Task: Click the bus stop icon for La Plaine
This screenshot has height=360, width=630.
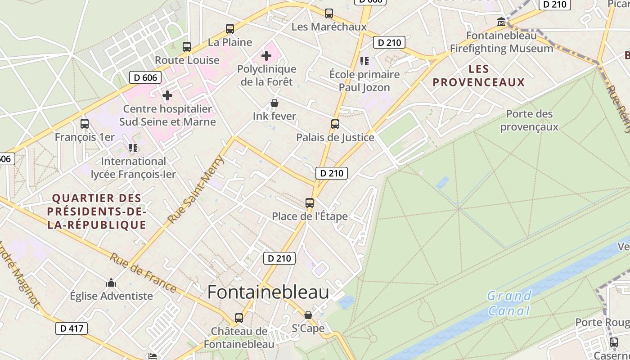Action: pos(230,29)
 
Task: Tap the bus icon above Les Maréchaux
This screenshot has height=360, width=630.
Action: pos(329,13)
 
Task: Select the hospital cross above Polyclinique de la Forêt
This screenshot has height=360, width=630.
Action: pos(266,56)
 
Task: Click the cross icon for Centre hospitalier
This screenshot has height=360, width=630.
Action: pos(167,95)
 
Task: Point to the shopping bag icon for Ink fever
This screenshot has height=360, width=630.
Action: pos(274,103)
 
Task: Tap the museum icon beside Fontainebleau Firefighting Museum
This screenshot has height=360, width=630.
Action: pos(501,22)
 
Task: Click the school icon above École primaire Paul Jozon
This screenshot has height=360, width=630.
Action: pos(364,61)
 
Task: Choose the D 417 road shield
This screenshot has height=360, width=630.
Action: pos(72,328)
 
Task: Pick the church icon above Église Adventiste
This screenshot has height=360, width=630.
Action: pos(111,283)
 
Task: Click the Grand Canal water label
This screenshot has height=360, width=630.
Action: pos(509,303)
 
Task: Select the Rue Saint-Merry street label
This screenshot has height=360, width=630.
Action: pos(196,189)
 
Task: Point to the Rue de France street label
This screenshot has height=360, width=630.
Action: pos(143,272)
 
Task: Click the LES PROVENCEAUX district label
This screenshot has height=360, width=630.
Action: pos(478,76)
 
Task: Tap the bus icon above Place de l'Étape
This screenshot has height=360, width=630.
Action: pos(310,203)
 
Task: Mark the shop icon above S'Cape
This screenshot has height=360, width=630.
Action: pos(308,315)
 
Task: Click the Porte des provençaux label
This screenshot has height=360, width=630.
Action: pos(529,120)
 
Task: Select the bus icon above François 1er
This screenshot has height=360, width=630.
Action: pos(84,123)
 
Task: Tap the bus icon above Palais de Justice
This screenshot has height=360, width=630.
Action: pos(335,124)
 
